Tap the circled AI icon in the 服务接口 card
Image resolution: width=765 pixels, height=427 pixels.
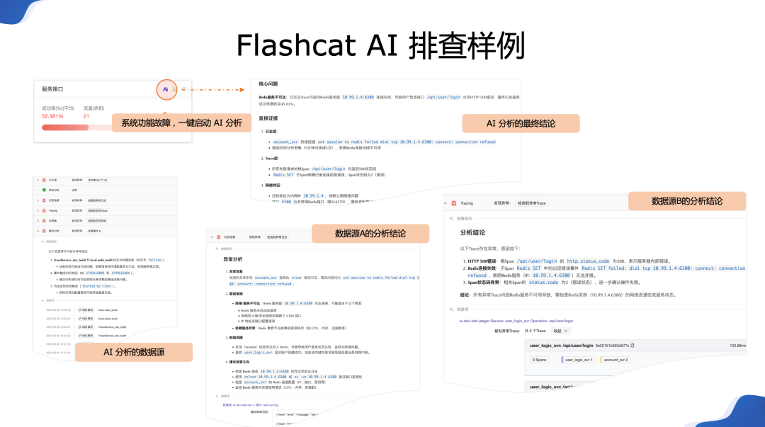tap(165, 89)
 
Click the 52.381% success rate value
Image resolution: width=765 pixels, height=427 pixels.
tap(52, 116)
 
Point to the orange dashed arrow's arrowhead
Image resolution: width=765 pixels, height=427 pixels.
tap(242, 90)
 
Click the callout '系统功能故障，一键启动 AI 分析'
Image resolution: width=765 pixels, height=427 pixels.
tap(181, 123)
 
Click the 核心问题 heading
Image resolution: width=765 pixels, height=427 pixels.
tap(269, 83)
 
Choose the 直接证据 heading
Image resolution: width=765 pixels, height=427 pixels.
tap(269, 118)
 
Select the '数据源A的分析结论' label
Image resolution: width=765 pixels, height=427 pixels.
tap(370, 234)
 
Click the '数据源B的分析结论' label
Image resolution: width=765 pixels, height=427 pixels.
tap(686, 201)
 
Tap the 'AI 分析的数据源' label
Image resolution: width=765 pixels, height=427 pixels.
tap(134, 352)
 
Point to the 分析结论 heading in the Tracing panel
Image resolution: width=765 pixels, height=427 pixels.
tap(472, 232)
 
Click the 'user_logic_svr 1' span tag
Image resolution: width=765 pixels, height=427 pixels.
tap(579, 360)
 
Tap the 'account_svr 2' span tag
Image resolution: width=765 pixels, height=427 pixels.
tap(616, 360)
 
